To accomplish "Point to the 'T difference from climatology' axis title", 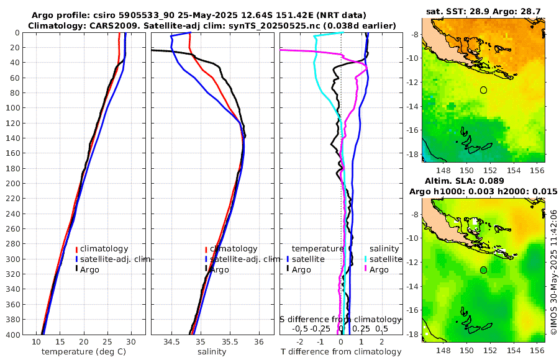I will click(340, 352).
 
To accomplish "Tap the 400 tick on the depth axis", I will click(13, 335).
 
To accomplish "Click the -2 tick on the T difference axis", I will click(300, 341).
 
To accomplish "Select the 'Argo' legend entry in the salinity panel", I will click(219, 269).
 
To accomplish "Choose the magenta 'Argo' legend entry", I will click(379, 269).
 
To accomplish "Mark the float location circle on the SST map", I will click(484, 90).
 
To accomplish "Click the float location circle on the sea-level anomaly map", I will click(484, 270).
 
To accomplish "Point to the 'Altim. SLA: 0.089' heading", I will click(484, 181).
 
